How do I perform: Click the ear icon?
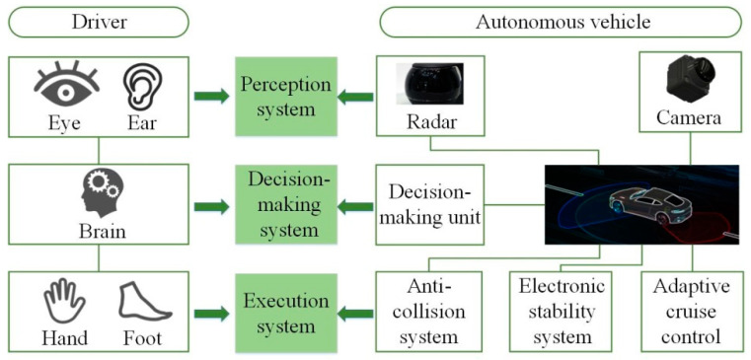[x=141, y=87]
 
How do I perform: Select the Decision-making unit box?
[x=429, y=204]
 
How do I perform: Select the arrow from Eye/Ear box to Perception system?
[x=211, y=97]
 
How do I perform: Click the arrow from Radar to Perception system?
[x=356, y=97]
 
